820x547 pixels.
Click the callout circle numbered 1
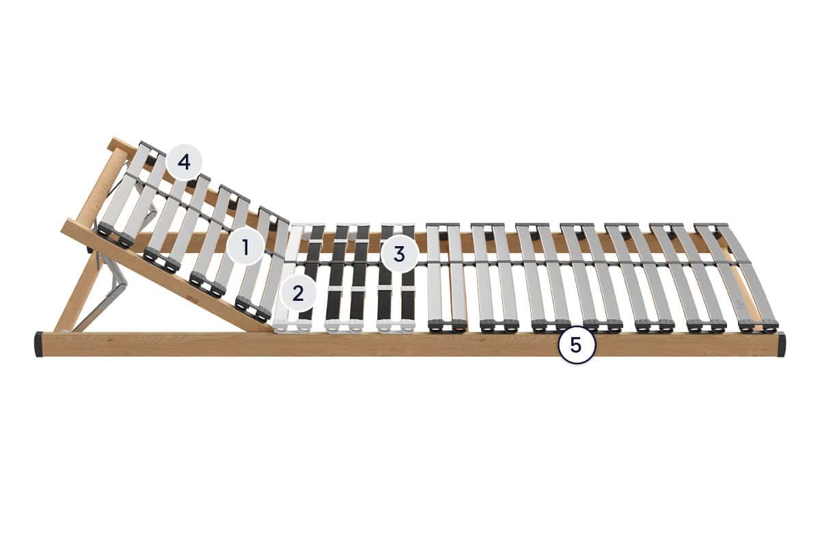click(245, 248)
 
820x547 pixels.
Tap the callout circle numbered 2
click(298, 293)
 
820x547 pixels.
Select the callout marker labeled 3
click(399, 254)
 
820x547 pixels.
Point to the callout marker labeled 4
click(184, 162)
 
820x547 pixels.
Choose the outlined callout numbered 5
click(576, 345)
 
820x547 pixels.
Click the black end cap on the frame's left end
click(39, 345)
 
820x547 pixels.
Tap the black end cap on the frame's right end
click(781, 345)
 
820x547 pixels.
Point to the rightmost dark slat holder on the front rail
click(758, 325)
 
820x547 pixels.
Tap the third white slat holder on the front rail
click(396, 326)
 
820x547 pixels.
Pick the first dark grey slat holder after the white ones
click(447, 325)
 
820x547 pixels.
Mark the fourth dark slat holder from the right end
click(603, 325)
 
